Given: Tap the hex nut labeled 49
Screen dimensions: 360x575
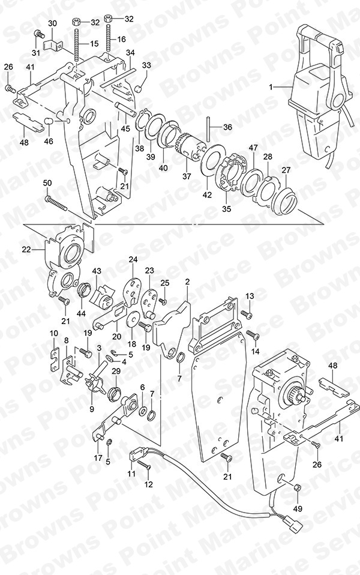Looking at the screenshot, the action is click(x=298, y=488).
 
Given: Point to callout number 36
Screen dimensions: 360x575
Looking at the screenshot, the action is click(x=227, y=127).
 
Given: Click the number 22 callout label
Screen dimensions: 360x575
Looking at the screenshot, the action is click(x=26, y=250).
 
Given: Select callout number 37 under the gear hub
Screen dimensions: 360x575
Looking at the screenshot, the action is click(x=187, y=176).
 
